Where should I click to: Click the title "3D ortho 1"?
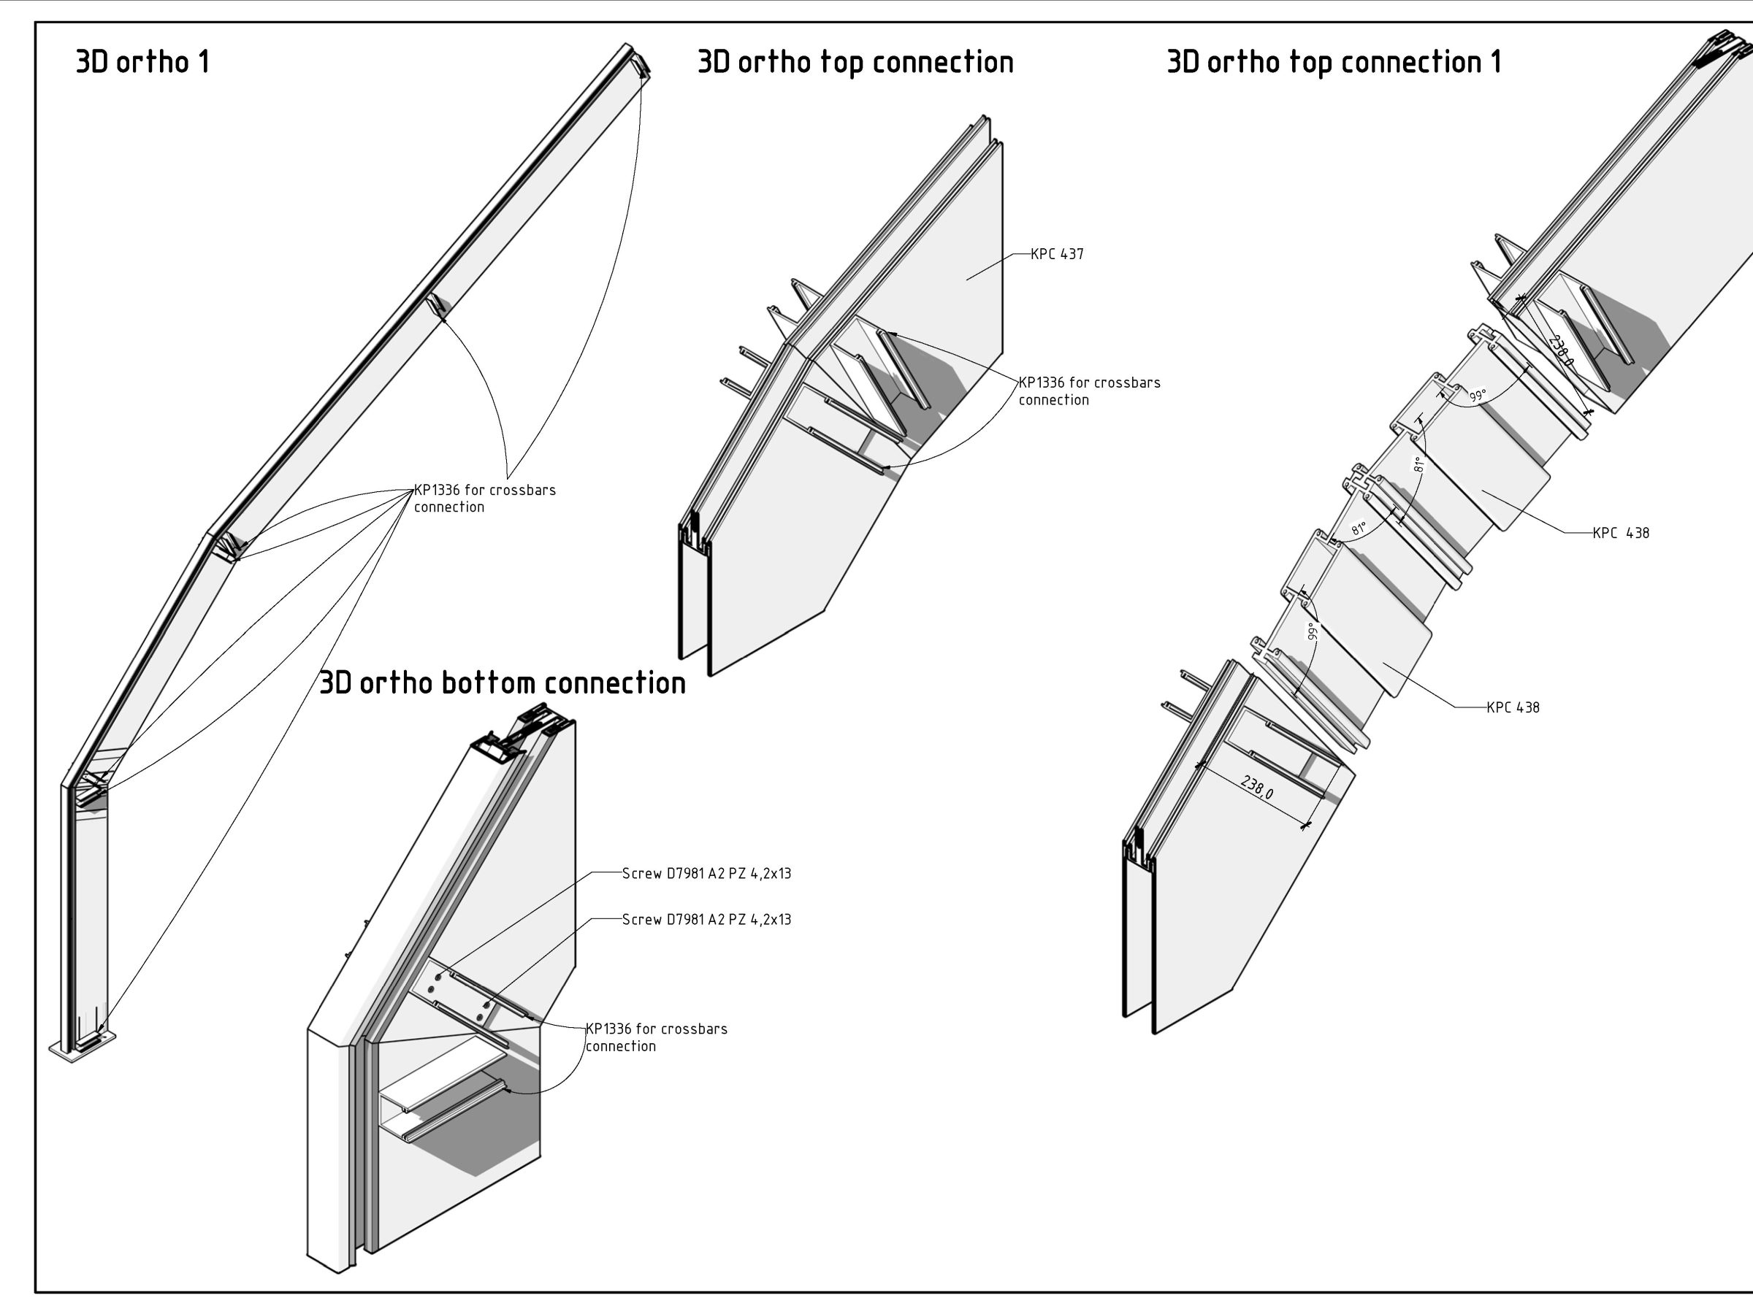pyautogui.click(x=142, y=62)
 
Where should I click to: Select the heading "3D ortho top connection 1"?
pyautogui.click(x=1334, y=62)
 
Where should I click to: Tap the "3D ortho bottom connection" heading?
pyautogui.click(x=502, y=683)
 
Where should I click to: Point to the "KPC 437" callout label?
pyautogui.click(x=1056, y=254)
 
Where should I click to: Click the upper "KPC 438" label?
pyautogui.click(x=1621, y=533)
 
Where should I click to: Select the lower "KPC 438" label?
pyautogui.click(x=1513, y=707)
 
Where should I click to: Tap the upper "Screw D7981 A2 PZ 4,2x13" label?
pyautogui.click(x=706, y=874)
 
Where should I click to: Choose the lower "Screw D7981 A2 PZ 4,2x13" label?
pyautogui.click(x=706, y=920)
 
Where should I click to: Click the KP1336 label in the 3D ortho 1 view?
pyautogui.click(x=484, y=498)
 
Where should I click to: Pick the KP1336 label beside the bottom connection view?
pyautogui.click(x=656, y=1037)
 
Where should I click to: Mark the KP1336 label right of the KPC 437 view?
pyautogui.click(x=1089, y=391)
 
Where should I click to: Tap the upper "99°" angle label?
pyautogui.click(x=1477, y=395)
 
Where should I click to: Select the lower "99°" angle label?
pyautogui.click(x=1312, y=631)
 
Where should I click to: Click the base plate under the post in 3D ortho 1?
pyautogui.click(x=83, y=1047)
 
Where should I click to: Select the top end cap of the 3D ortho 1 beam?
pyautogui.click(x=639, y=60)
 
